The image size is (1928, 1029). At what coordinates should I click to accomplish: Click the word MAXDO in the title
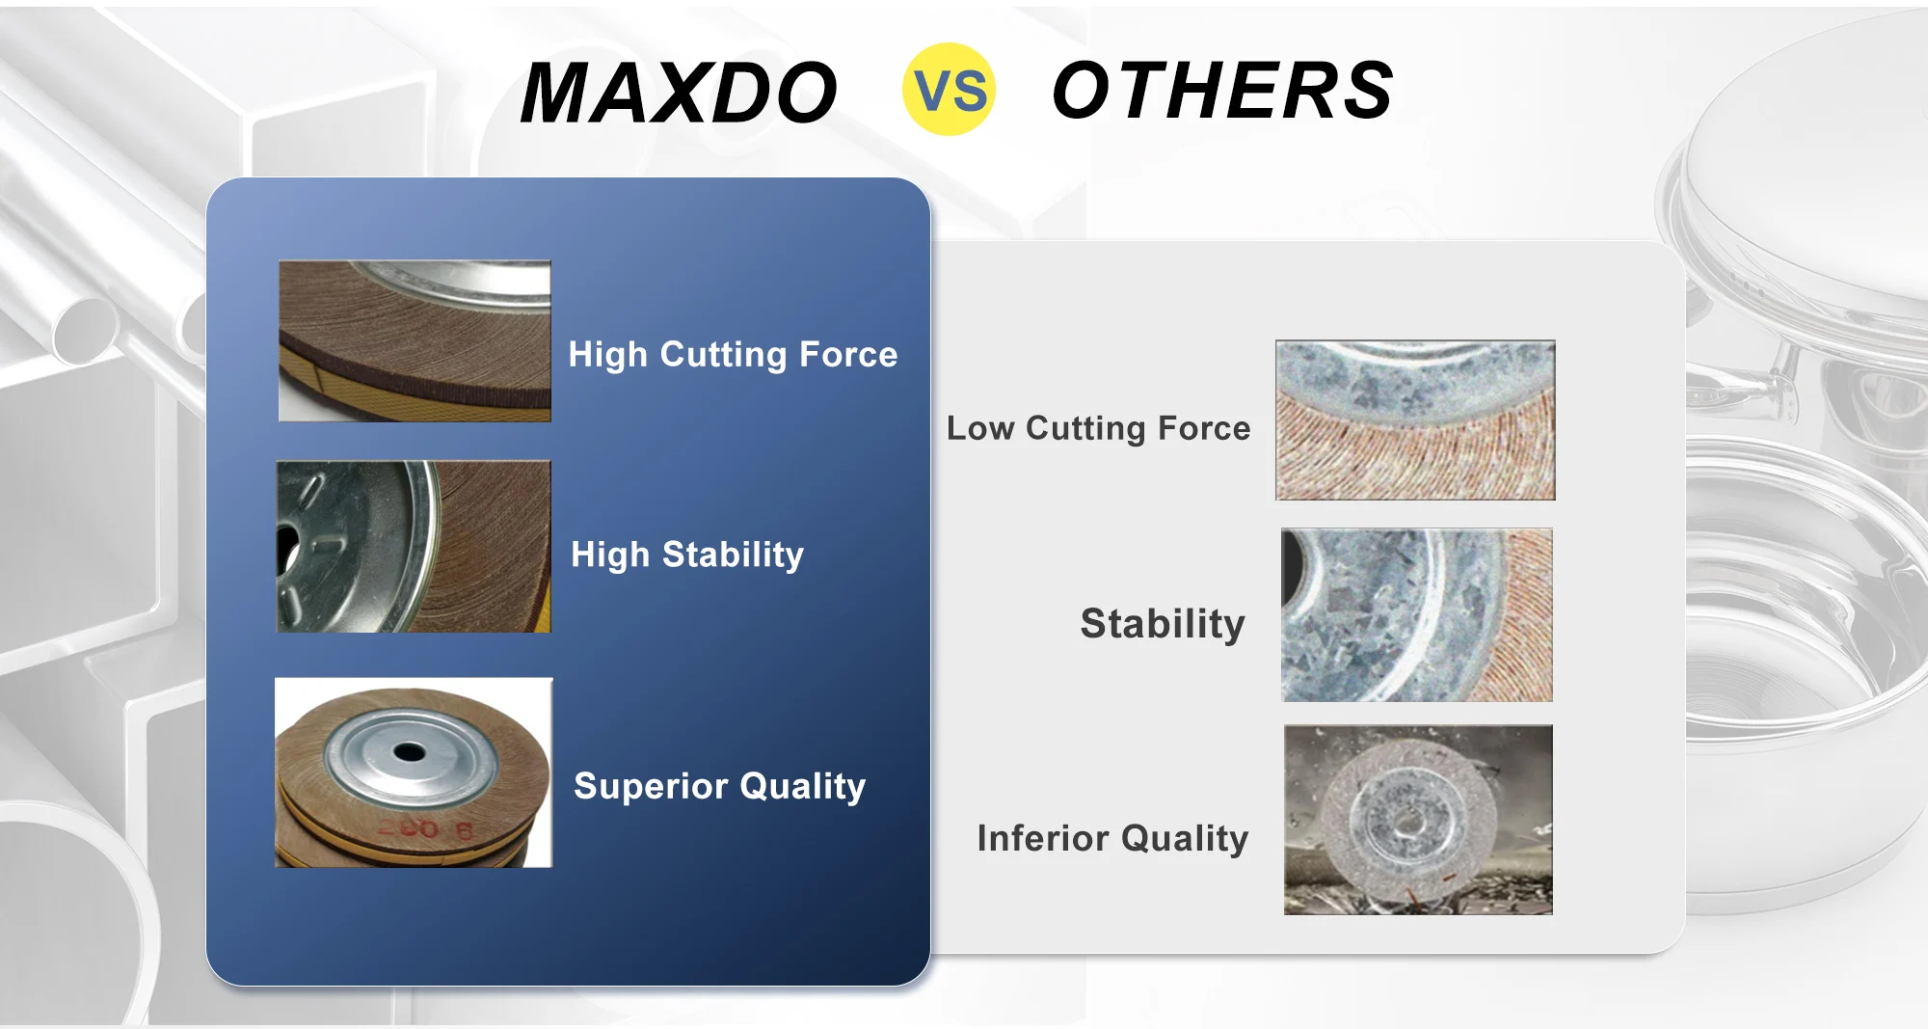coord(679,93)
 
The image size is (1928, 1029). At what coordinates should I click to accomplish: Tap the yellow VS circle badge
coord(950,89)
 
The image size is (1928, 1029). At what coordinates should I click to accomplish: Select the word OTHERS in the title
coord(1222,90)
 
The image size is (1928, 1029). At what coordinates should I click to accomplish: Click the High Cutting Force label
coord(733,354)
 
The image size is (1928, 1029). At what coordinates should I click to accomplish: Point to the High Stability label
coord(687,555)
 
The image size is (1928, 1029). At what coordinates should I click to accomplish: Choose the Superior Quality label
coord(720,786)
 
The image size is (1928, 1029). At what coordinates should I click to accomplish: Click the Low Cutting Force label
coord(1098,427)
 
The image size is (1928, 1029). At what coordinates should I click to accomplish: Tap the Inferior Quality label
coord(1112,838)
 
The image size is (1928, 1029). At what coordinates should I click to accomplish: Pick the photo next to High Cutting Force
coord(415,340)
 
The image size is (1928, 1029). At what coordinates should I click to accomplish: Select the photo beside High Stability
coord(414,546)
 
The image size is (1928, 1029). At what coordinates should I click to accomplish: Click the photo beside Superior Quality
coord(414,772)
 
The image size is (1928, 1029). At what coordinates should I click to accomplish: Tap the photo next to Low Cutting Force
coord(1415,420)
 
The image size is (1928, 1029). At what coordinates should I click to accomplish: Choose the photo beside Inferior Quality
coord(1418,820)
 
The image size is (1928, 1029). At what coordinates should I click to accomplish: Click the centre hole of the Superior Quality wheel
coord(409,750)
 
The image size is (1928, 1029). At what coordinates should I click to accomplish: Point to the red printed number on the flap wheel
coord(424,828)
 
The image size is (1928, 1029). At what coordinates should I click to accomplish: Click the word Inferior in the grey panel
coord(1043,838)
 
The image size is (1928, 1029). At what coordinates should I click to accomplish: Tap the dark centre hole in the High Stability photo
coord(286,550)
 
